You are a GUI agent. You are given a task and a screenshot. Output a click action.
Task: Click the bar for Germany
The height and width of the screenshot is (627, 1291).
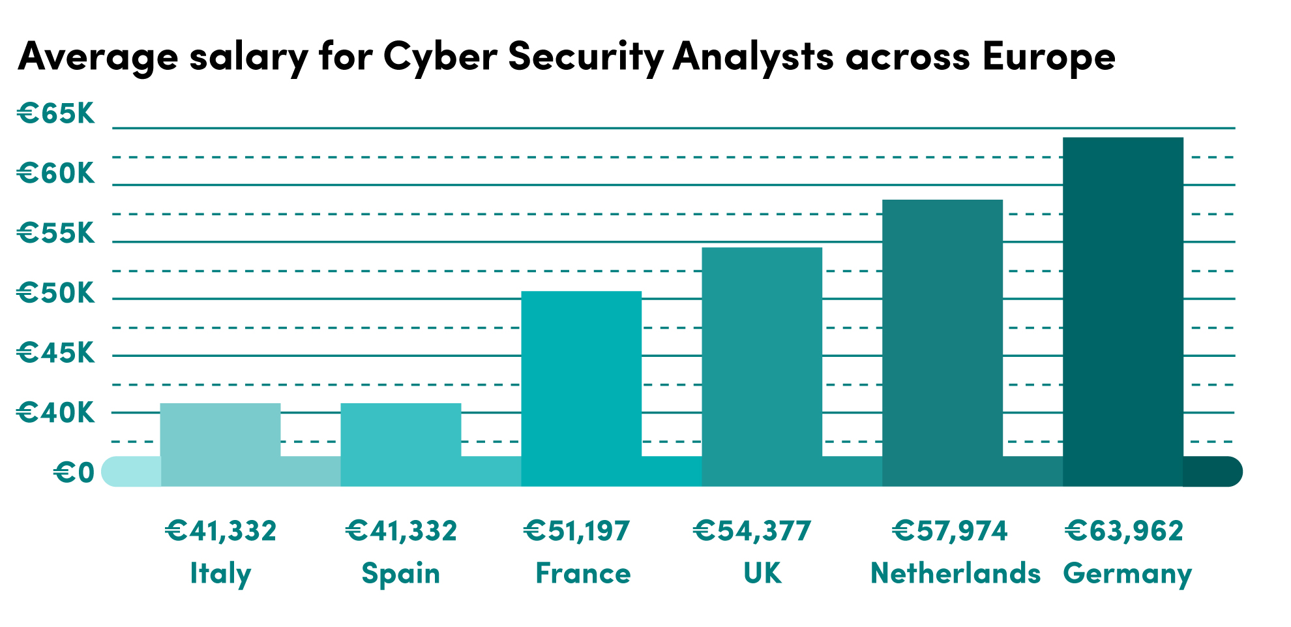click(1123, 311)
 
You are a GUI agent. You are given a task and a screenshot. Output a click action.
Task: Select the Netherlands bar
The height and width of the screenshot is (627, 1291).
click(942, 343)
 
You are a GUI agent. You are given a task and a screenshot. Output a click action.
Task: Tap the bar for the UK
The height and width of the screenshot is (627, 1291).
click(762, 367)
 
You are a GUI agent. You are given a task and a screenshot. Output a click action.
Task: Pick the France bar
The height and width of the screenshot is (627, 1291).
click(581, 388)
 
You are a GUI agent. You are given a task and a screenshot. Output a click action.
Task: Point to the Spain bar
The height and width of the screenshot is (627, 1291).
click(400, 444)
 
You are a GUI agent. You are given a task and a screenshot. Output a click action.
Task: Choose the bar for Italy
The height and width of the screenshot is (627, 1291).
click(220, 444)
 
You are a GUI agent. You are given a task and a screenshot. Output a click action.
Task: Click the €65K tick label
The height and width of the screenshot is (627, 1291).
click(56, 114)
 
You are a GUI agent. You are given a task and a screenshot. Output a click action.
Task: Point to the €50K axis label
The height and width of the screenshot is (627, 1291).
click(56, 293)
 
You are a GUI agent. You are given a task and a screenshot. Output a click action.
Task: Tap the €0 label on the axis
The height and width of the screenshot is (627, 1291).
click(74, 472)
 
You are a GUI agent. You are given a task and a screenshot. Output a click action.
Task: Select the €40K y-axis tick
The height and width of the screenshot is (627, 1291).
click(56, 412)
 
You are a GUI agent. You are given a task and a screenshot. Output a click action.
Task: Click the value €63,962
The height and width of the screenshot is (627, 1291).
click(1124, 530)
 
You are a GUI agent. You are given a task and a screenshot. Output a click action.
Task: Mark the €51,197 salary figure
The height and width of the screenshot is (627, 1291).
click(577, 530)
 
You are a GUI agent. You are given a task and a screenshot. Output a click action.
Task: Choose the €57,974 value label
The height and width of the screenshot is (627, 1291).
click(950, 530)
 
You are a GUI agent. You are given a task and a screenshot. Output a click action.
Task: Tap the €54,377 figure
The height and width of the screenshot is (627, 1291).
click(752, 530)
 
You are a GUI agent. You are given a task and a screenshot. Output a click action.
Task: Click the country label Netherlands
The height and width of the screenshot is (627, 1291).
click(956, 573)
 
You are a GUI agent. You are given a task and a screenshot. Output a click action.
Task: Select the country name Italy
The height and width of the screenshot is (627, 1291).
click(220, 574)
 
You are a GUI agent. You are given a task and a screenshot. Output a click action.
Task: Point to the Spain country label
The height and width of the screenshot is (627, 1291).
click(401, 574)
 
